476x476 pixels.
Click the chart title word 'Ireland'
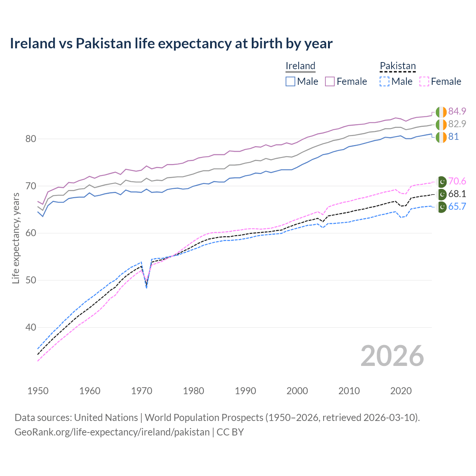point(33,44)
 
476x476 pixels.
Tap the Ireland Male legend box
point(290,81)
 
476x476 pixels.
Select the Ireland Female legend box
point(330,81)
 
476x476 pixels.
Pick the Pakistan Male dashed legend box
point(385,81)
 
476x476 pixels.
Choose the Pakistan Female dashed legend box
point(424,81)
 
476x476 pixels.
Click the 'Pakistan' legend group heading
point(398,66)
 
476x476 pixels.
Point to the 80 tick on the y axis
point(30,139)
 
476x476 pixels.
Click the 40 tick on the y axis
point(30,327)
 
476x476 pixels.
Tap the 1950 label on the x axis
point(38,391)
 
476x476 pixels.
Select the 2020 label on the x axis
point(401,391)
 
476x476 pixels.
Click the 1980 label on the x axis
point(193,391)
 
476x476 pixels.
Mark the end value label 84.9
point(457,111)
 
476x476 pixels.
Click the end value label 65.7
point(457,207)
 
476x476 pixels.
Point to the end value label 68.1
point(457,194)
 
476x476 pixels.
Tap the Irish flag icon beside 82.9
point(441,124)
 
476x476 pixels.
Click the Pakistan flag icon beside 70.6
point(441,181)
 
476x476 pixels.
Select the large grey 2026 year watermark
point(392,356)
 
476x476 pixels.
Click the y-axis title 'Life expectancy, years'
point(16,238)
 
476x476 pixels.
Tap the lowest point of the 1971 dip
point(147,288)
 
